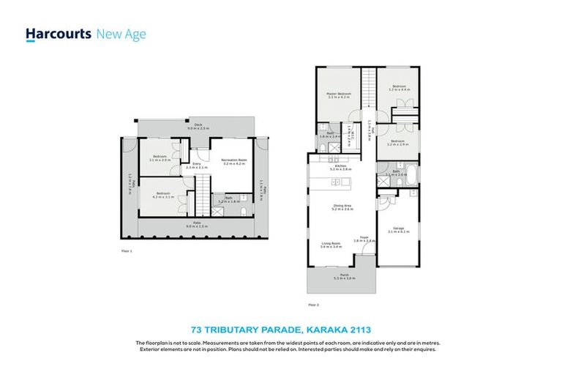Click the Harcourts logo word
click(59, 34)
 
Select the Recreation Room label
click(234, 161)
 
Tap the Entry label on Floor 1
click(196, 165)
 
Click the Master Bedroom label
click(339, 96)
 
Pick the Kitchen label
click(340, 167)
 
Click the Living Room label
click(331, 245)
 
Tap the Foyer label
click(364, 238)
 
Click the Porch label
click(343, 277)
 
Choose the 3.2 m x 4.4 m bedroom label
click(399, 88)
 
